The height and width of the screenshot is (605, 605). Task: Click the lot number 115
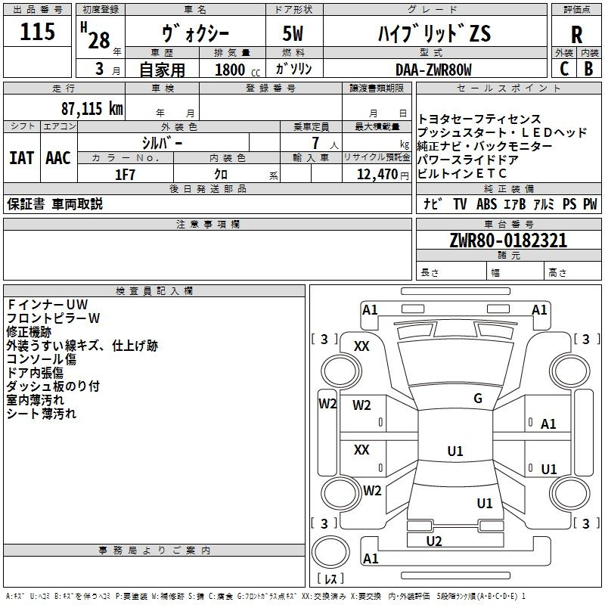click(x=37, y=31)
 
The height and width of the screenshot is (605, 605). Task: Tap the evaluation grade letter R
click(x=576, y=34)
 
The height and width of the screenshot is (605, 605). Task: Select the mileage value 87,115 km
click(x=92, y=108)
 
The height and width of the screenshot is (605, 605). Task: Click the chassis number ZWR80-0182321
click(x=508, y=240)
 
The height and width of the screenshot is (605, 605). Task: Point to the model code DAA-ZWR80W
click(x=433, y=70)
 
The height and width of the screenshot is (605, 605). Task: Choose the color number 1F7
click(x=125, y=175)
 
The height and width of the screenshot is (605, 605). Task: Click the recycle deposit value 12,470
click(x=377, y=175)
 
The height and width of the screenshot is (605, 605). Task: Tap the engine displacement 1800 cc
click(x=237, y=70)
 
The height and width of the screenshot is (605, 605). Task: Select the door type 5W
click(x=293, y=33)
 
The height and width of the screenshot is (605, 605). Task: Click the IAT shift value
click(x=21, y=158)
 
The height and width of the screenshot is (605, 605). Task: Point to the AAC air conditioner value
click(x=58, y=158)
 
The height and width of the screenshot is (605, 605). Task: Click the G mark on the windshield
click(x=478, y=399)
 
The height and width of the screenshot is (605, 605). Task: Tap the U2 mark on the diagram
click(x=433, y=541)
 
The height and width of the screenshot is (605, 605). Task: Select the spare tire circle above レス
click(x=330, y=552)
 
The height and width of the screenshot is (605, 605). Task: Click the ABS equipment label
click(x=486, y=203)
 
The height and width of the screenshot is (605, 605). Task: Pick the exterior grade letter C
click(x=564, y=69)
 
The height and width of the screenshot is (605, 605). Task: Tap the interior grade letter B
click(x=588, y=69)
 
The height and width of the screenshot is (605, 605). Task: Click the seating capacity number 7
click(x=315, y=143)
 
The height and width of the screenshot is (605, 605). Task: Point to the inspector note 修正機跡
click(x=29, y=332)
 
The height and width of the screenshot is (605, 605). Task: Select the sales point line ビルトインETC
click(x=461, y=174)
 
